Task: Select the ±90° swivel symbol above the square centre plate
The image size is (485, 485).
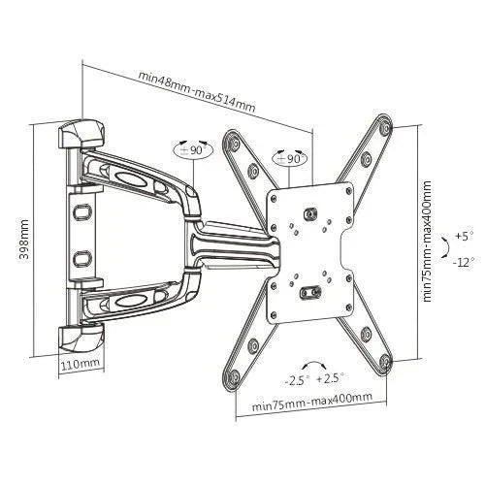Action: pyautogui.click(x=290, y=158)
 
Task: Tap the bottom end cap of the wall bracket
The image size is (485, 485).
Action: pyautogui.click(x=81, y=339)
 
